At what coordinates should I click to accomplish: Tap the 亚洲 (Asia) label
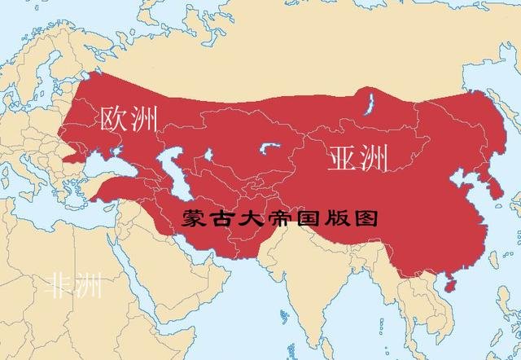click(x=357, y=157)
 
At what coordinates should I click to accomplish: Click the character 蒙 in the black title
click(x=193, y=219)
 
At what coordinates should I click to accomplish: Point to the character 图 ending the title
click(x=367, y=219)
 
